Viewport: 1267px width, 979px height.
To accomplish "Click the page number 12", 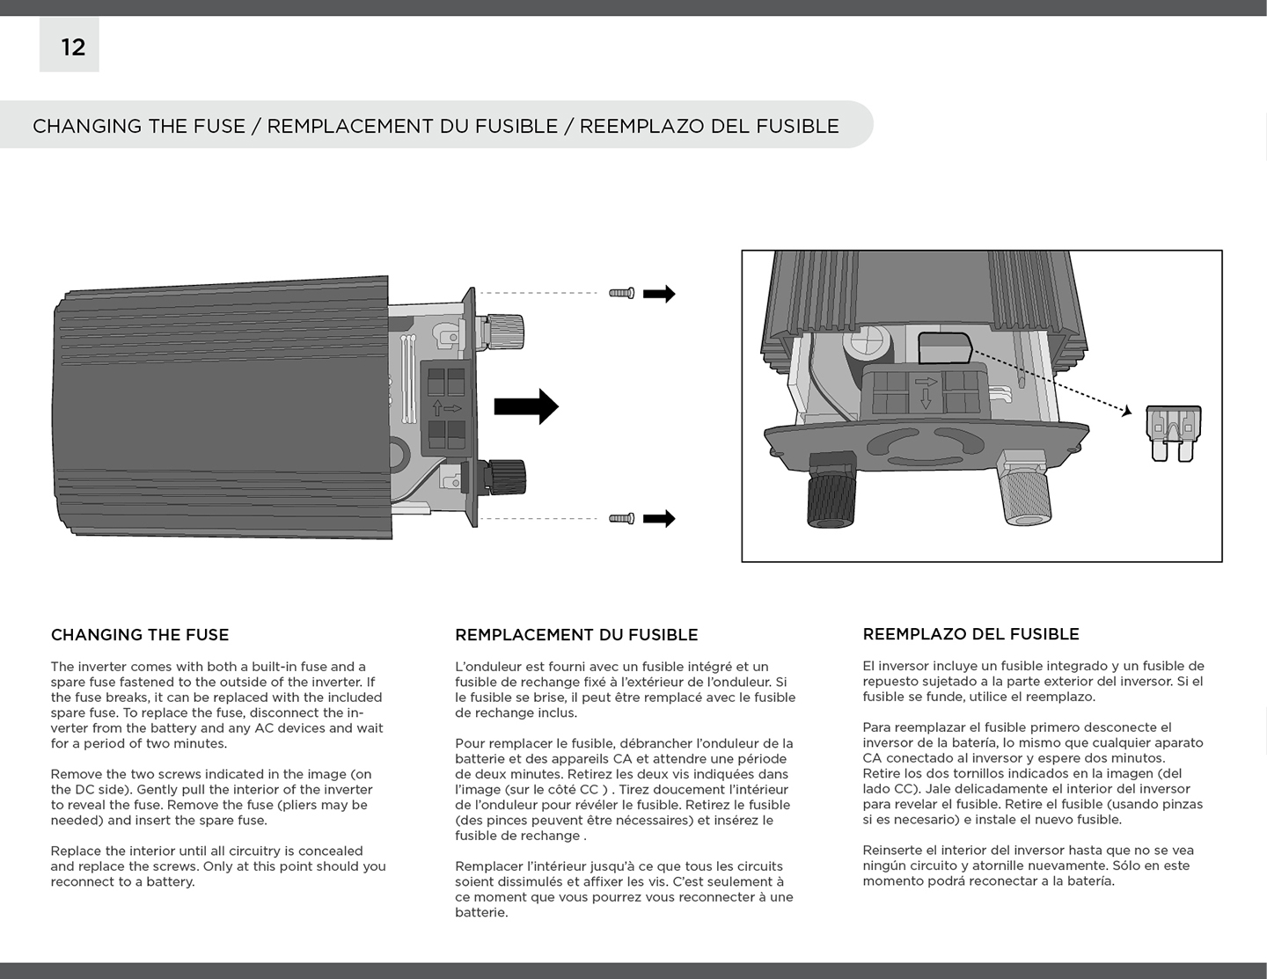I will tap(72, 47).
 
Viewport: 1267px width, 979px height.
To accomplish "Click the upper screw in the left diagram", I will tap(621, 293).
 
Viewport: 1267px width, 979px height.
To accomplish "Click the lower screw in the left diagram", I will tap(621, 519).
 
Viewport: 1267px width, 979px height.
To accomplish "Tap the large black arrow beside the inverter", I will tap(526, 406).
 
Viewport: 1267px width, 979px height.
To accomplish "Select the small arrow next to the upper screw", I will tap(659, 294).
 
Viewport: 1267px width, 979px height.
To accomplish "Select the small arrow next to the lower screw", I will tap(659, 519).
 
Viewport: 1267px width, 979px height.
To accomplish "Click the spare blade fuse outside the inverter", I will tap(1174, 432).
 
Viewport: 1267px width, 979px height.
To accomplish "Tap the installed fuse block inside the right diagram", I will tap(945, 347).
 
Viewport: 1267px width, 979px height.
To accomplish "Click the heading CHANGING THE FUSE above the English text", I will tap(140, 635).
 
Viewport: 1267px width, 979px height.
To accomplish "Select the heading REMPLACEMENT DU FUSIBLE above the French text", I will tap(576, 635).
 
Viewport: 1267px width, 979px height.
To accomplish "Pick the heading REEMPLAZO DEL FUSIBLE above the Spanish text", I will tap(970, 634).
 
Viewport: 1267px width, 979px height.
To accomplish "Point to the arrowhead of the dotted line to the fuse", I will tap(1126, 411).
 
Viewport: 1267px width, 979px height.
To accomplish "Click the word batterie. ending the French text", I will tap(481, 912).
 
